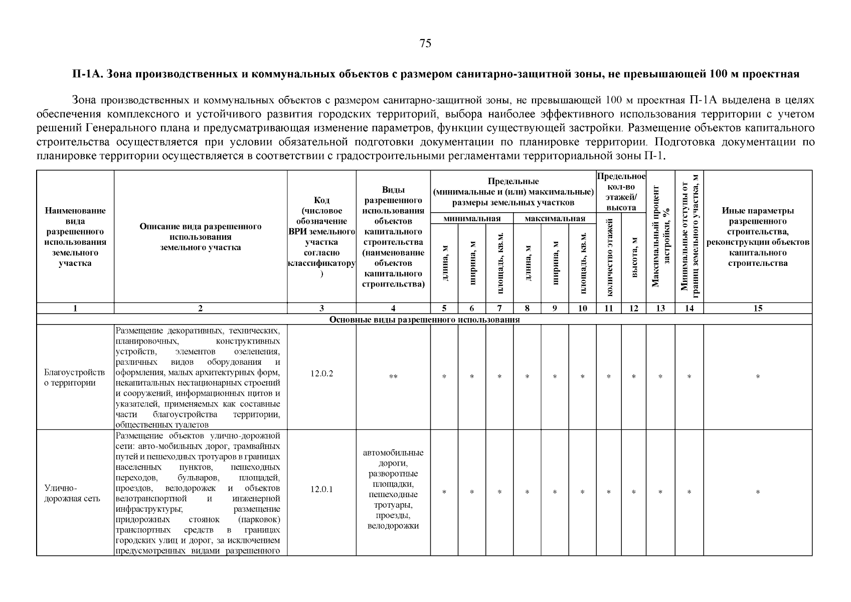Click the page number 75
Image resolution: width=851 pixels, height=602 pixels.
(425, 44)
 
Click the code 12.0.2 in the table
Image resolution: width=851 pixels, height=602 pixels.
(321, 374)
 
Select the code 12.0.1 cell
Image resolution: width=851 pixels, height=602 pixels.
(321, 489)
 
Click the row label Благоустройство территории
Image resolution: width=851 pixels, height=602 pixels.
(75, 378)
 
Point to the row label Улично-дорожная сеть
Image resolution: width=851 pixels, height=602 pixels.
(72, 493)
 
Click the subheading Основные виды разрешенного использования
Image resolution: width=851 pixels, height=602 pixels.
(424, 320)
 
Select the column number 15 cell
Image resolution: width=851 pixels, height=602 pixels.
(757, 309)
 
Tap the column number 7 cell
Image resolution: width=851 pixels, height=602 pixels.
(499, 309)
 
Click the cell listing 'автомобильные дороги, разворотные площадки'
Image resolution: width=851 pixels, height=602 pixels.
(393, 489)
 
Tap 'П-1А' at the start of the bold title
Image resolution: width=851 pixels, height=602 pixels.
(86, 74)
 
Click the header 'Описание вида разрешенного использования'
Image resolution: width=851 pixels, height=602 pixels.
(200, 237)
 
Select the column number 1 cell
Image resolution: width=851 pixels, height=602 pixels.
(75, 309)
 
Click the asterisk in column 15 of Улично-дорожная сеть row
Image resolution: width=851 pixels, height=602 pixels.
(757, 493)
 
